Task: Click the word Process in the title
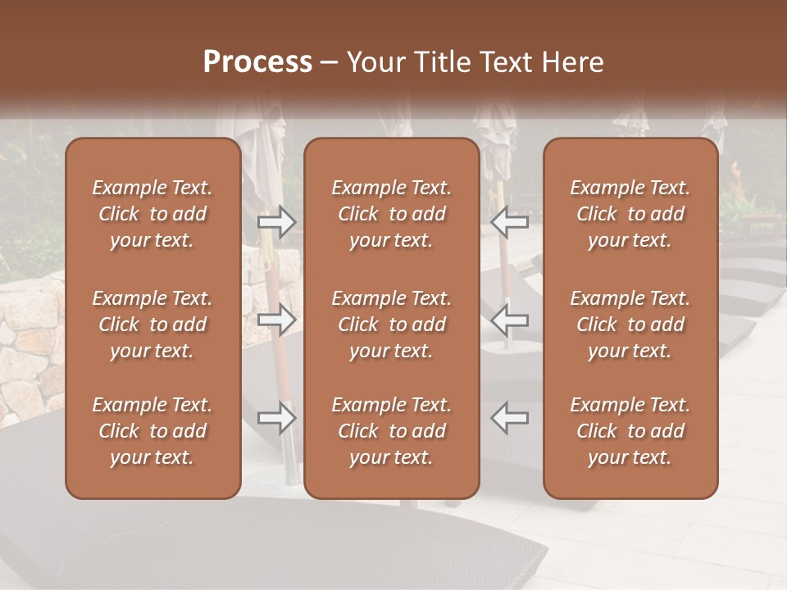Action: pyautogui.click(x=257, y=62)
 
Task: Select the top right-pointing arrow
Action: pyautogui.click(x=277, y=221)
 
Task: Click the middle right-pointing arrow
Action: pyautogui.click(x=277, y=320)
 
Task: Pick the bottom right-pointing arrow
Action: pyautogui.click(x=277, y=418)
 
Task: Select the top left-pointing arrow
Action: pyautogui.click(x=509, y=221)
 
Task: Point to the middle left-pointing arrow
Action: pyautogui.click(x=509, y=320)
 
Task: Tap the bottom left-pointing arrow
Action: pyautogui.click(x=509, y=418)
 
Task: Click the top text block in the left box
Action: pyautogui.click(x=152, y=214)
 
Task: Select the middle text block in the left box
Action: pyautogui.click(x=152, y=324)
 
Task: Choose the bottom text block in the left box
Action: pyautogui.click(x=152, y=431)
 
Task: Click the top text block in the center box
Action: pyautogui.click(x=391, y=214)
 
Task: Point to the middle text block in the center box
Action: pyautogui.click(x=391, y=324)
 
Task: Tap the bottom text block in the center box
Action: pyautogui.click(x=391, y=431)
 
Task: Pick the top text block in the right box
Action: pyautogui.click(x=630, y=214)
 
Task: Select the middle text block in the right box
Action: pyautogui.click(x=630, y=324)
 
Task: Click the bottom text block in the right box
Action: pyautogui.click(x=630, y=431)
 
